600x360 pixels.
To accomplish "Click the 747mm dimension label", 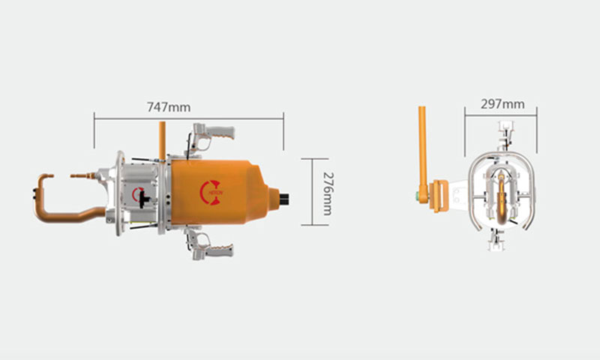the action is click(169, 107).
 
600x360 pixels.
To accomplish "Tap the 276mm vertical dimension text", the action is click(328, 194).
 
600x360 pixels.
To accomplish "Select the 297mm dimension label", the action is click(502, 104).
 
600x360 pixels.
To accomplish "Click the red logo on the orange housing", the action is click(211, 193).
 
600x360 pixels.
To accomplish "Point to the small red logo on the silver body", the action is click(136, 194).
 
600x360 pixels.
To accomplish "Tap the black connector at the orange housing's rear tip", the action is click(284, 199).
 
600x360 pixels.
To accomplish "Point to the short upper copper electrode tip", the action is click(82, 176).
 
